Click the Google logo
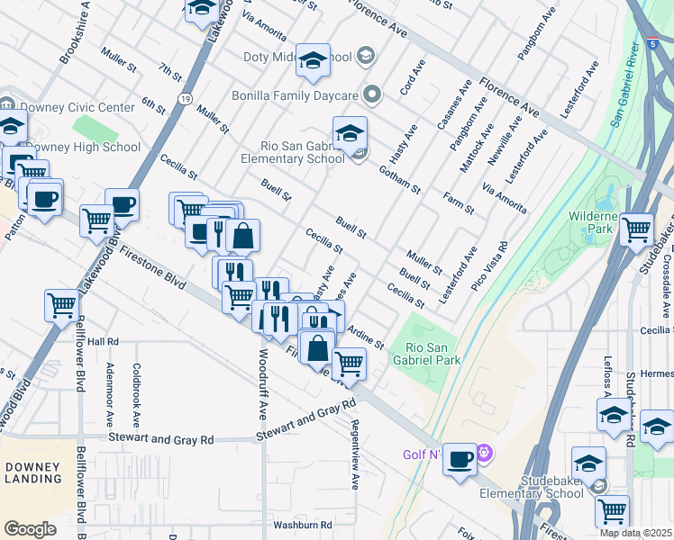click(x=31, y=529)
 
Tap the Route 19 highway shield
click(x=183, y=98)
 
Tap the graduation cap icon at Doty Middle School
click(x=313, y=60)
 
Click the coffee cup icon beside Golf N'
click(x=460, y=460)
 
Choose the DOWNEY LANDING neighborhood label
click(x=32, y=472)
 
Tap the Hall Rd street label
click(x=104, y=342)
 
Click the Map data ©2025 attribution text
click(x=635, y=534)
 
